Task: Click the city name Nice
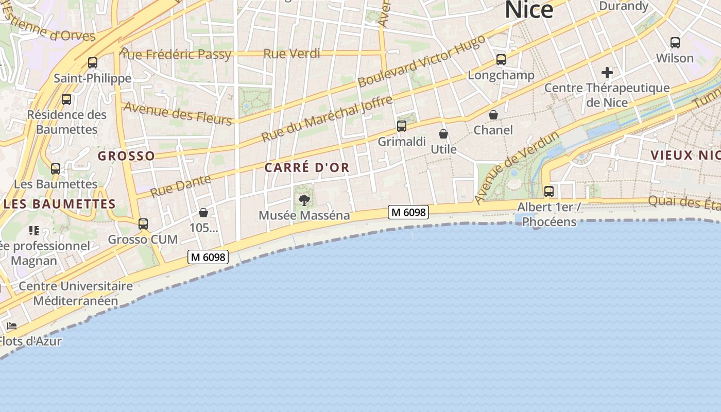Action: [529, 10]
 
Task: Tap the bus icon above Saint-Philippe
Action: [93, 63]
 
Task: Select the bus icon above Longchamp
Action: [501, 60]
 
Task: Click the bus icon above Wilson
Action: [675, 43]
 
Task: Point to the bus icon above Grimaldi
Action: [402, 126]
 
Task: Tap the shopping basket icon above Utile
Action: [443, 134]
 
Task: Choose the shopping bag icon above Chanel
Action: [493, 115]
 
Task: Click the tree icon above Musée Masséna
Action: [304, 200]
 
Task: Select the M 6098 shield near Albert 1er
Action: [408, 212]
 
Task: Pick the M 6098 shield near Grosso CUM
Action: [208, 256]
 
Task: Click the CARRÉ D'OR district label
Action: [307, 168]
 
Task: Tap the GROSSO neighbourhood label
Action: [126, 156]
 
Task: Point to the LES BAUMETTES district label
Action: [60, 204]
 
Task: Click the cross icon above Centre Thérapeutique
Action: [607, 73]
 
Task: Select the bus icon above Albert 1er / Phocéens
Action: [549, 192]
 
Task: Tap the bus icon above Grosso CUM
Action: [143, 224]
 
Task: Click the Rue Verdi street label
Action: [291, 54]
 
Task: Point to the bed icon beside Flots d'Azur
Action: [12, 326]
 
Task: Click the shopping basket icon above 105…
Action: [203, 213]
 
